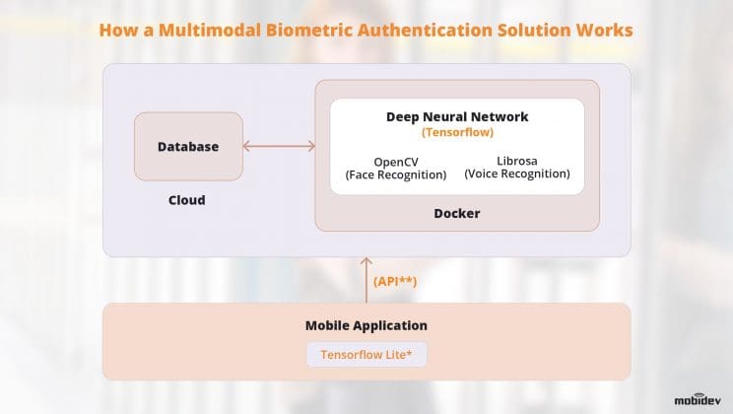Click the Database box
point(188,147)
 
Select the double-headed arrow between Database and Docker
point(279,147)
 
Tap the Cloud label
point(186,200)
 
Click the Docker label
point(456,213)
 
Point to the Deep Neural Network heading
point(456,116)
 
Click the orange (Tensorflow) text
point(456,132)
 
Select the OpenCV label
point(395,161)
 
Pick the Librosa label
point(517,161)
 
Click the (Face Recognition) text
point(395,174)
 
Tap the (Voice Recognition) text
point(517,174)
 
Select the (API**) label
point(395,281)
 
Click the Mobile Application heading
point(366,325)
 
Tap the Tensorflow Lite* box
point(366,355)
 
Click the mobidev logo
point(700,400)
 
